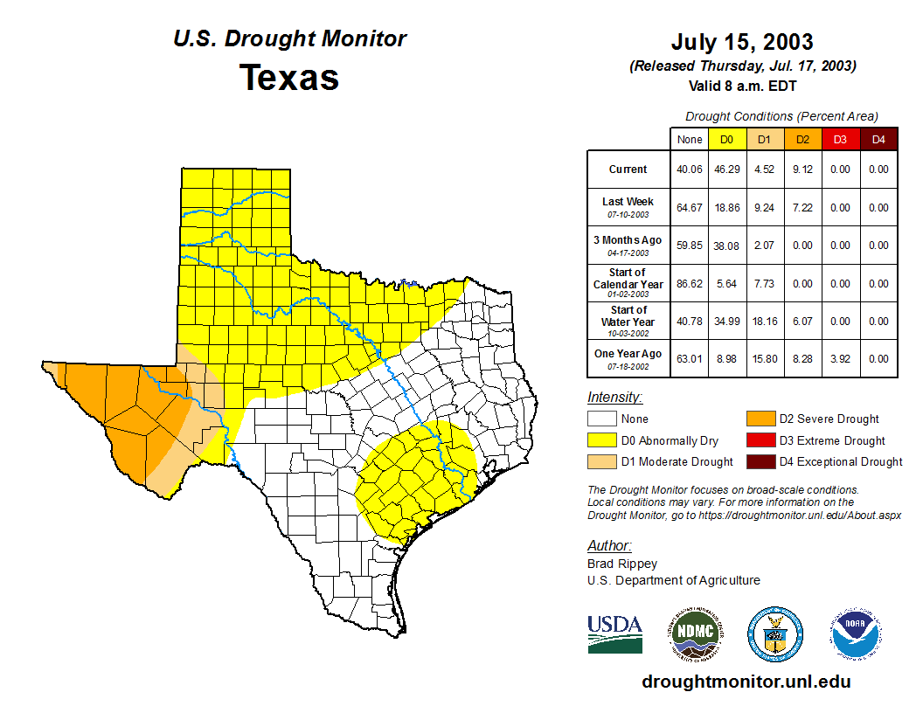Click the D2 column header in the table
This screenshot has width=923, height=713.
(x=802, y=139)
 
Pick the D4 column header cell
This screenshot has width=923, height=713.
(x=878, y=139)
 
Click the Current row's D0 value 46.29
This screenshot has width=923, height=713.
(x=726, y=170)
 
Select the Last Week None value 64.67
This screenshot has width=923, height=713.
(x=689, y=208)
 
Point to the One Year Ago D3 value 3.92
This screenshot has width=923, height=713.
(x=840, y=359)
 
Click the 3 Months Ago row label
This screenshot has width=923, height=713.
(x=628, y=245)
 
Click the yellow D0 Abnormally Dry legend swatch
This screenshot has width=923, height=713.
(x=602, y=440)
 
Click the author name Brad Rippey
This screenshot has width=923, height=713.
(x=622, y=564)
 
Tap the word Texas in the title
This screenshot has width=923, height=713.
(x=289, y=77)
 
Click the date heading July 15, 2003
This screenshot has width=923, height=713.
(x=742, y=42)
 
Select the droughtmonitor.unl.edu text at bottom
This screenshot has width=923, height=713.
(x=746, y=682)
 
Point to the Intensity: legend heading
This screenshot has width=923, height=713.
(x=614, y=398)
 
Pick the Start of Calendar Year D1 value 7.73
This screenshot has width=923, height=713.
(x=764, y=284)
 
